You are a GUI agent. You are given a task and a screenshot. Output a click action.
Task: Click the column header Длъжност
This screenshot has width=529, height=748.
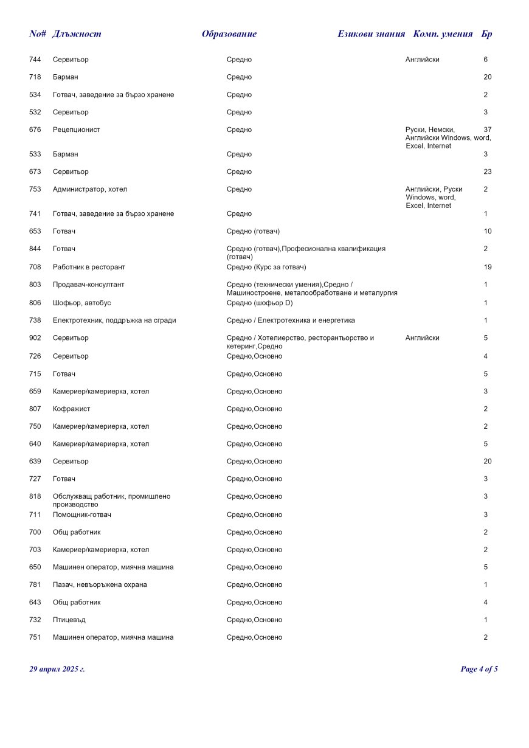77,34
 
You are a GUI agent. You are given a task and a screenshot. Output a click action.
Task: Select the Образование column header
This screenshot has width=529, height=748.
229,34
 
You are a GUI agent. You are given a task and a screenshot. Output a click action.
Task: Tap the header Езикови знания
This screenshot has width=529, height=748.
371,34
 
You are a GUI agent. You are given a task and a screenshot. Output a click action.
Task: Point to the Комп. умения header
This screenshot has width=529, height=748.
443,34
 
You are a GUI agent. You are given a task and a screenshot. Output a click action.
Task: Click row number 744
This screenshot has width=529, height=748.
35,60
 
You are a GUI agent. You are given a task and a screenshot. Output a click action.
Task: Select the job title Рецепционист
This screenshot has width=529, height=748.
77,130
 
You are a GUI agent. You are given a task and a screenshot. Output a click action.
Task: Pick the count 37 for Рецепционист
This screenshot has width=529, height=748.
488,130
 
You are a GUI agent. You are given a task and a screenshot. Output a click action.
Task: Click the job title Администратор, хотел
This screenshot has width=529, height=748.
90,190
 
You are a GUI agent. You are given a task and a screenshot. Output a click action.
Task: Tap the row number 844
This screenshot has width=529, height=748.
35,249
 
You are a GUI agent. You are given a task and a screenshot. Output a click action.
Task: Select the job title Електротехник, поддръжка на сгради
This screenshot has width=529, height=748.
114,320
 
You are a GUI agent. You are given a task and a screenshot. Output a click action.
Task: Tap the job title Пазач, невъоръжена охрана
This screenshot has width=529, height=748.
100,585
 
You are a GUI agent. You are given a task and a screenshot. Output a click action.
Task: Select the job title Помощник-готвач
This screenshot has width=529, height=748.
82,515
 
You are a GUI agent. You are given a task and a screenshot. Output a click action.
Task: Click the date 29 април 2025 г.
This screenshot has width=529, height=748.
57,670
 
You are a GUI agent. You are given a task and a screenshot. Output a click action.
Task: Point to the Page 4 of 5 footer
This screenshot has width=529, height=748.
479,670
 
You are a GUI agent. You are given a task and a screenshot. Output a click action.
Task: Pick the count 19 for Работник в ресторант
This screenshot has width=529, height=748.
488,267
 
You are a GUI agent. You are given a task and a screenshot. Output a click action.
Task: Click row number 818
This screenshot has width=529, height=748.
35,497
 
